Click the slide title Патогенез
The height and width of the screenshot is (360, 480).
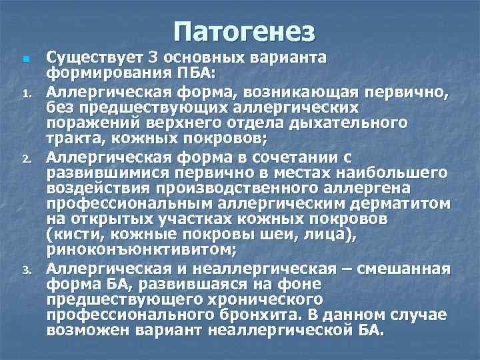pyautogui.click(x=243, y=31)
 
